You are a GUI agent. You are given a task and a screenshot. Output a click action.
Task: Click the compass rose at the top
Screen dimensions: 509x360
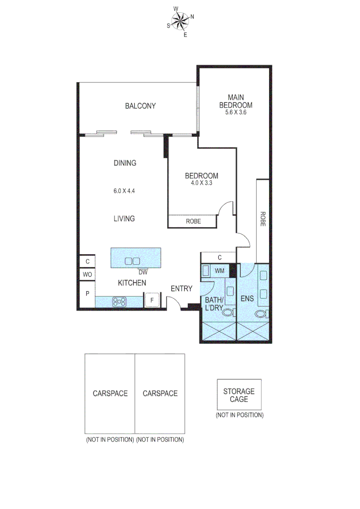(x=180, y=20)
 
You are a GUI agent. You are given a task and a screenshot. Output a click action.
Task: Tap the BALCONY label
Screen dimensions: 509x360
(x=140, y=106)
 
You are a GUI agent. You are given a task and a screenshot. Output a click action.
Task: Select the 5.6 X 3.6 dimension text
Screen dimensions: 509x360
(x=236, y=113)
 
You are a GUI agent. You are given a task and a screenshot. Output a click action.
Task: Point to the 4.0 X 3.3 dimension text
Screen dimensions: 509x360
(x=201, y=183)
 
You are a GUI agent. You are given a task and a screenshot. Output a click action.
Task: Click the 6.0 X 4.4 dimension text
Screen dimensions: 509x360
(x=124, y=191)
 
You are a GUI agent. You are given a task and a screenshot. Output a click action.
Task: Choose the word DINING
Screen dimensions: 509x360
(x=125, y=163)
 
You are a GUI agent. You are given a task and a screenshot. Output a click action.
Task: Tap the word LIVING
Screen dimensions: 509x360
(x=124, y=218)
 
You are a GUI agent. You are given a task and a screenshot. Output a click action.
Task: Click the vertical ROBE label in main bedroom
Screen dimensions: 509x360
(x=262, y=219)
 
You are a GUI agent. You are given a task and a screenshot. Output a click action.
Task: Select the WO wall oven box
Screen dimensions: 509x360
(x=87, y=274)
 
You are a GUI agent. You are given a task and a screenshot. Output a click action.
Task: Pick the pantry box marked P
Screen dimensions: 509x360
(x=87, y=293)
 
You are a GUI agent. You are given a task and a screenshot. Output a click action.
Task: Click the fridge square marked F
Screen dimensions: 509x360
(x=152, y=300)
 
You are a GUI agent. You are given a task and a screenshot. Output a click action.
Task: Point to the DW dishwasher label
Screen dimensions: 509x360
(x=143, y=272)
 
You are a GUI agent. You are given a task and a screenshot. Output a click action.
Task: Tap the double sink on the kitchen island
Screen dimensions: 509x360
(x=132, y=261)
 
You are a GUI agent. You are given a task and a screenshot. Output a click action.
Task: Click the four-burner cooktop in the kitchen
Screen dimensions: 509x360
(x=119, y=301)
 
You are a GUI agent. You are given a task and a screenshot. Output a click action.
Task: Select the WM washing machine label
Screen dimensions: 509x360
(x=219, y=271)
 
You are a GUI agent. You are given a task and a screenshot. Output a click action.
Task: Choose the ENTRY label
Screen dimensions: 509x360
(x=181, y=288)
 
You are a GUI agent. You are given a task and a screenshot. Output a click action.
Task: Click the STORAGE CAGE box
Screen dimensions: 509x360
(x=239, y=395)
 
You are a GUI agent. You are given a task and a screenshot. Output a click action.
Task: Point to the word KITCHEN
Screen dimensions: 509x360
(x=131, y=283)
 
